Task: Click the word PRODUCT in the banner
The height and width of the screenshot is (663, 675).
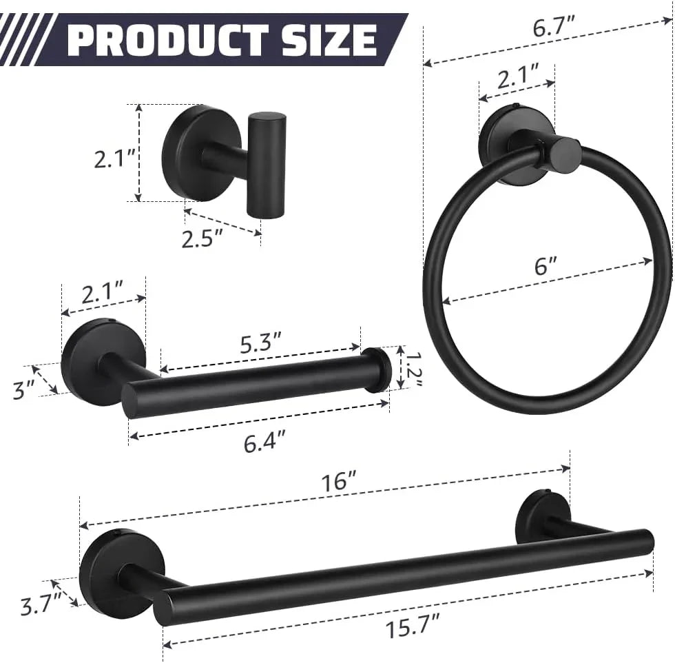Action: pyautogui.click(x=169, y=40)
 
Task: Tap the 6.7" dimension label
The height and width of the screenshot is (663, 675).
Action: pyautogui.click(x=554, y=27)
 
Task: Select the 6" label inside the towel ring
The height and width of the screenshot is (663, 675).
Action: pyautogui.click(x=546, y=265)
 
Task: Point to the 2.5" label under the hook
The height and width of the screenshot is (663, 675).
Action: pyautogui.click(x=202, y=238)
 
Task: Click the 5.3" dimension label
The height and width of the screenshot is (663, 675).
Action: pyautogui.click(x=260, y=343)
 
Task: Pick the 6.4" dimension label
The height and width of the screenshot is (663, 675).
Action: pyautogui.click(x=264, y=442)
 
